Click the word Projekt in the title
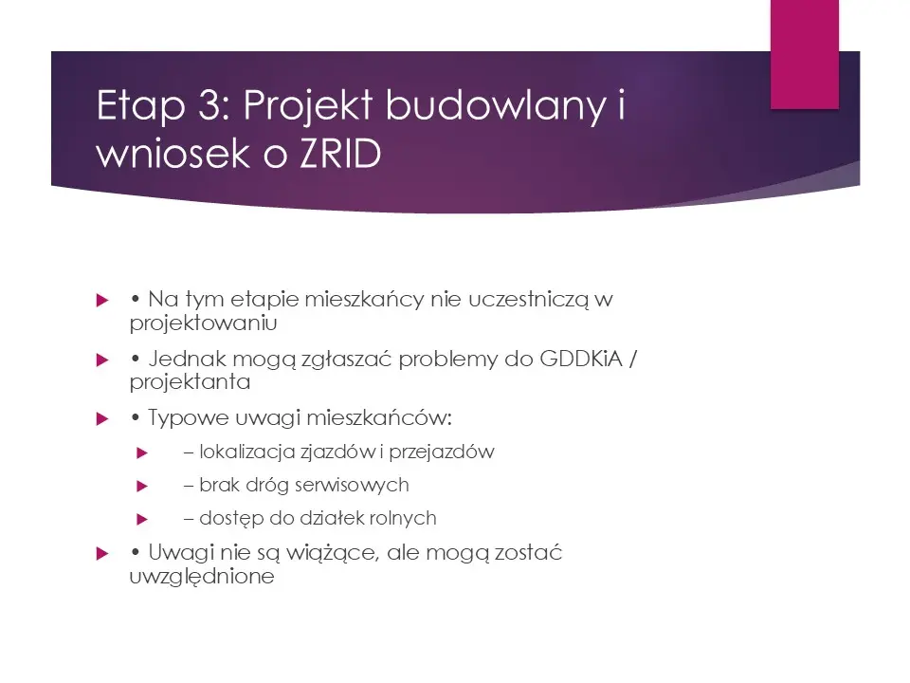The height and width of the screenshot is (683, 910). (304, 107)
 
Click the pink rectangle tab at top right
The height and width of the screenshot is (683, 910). (805, 53)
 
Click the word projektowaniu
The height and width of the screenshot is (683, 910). (202, 323)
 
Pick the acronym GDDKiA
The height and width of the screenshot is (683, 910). (565, 360)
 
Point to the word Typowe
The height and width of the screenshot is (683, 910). (185, 419)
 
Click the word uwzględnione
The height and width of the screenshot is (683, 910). (201, 576)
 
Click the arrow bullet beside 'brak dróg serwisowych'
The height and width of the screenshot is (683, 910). (143, 486)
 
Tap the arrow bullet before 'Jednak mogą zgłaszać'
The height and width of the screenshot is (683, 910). (103, 360)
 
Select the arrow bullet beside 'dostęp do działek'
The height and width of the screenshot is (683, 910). (143, 519)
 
